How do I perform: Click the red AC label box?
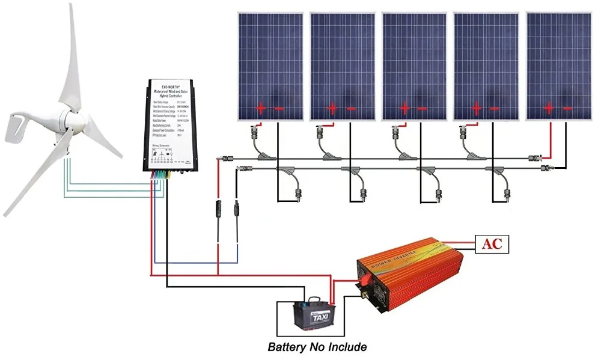point(492,243)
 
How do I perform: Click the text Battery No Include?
point(317,347)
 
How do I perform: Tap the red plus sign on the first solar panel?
point(260,109)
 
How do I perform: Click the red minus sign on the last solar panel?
point(567,109)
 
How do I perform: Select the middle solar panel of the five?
point(415,66)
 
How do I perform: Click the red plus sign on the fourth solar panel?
point(477,109)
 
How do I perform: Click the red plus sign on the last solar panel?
point(549,109)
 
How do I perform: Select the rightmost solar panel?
point(558,66)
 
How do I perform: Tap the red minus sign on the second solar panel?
point(351,109)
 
